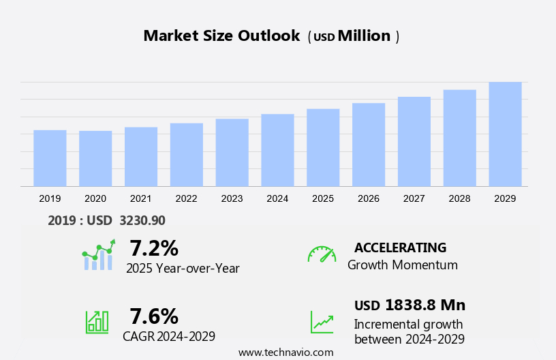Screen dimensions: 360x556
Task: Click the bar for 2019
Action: point(50,158)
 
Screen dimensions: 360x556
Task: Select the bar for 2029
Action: point(505,134)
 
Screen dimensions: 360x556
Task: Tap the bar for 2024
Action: point(277,150)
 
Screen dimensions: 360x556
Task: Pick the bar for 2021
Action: point(141,157)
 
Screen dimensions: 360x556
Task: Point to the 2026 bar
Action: point(369,145)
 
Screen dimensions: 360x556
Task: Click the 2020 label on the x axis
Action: point(95,198)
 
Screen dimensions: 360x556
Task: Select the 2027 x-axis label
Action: point(414,198)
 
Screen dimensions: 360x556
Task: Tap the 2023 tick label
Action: point(232,198)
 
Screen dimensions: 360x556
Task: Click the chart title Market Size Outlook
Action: point(221,36)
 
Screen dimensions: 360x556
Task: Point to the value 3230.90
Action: point(142,220)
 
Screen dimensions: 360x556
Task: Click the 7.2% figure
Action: point(154,247)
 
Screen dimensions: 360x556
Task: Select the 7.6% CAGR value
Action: point(154,316)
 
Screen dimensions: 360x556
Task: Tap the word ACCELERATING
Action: point(400,247)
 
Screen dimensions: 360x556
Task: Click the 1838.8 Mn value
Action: point(424,305)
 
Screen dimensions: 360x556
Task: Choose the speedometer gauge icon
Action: point(322,254)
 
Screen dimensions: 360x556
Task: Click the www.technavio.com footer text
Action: point(285,352)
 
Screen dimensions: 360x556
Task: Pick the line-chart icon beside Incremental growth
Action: point(322,322)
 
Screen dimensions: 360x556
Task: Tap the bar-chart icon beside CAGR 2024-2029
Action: point(97,322)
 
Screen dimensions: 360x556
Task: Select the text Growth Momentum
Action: point(402,265)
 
